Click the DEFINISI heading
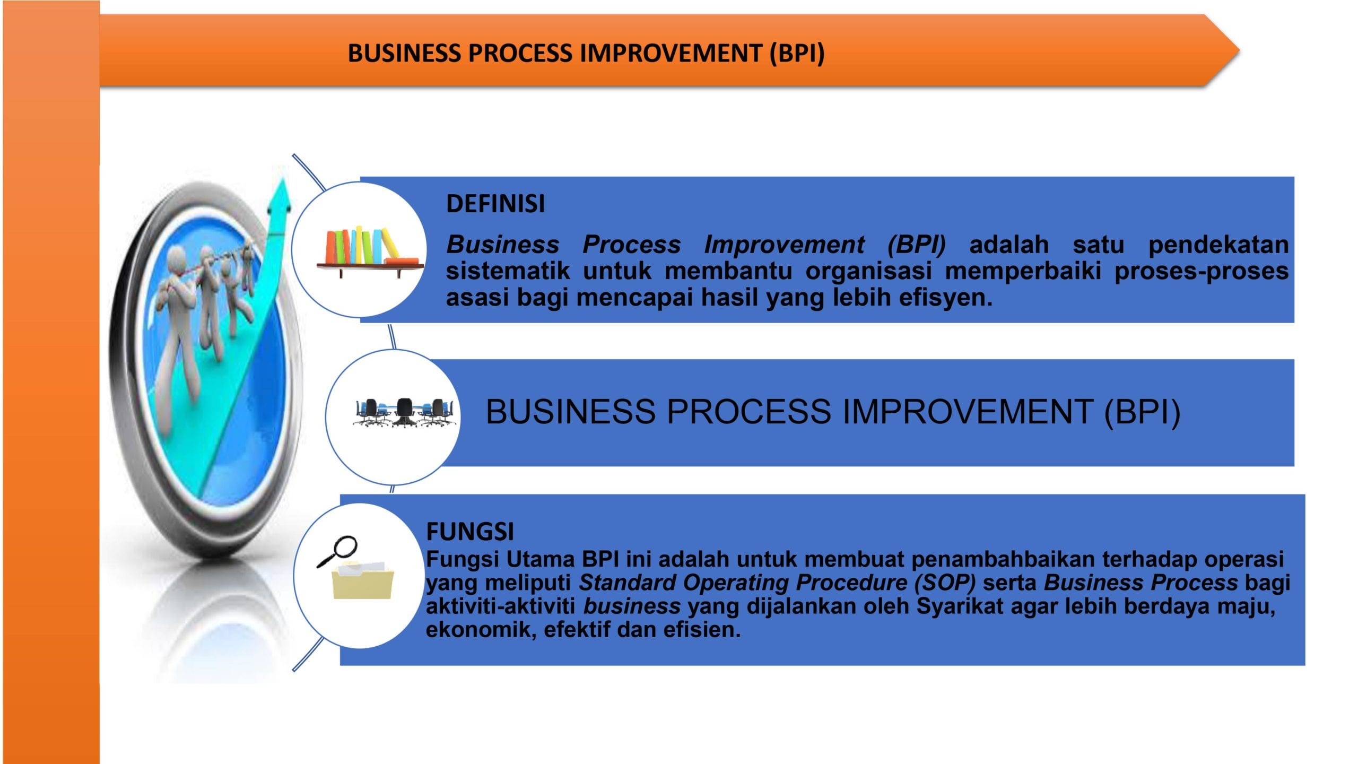[495, 204]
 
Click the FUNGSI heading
[470, 531]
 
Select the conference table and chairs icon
[405, 413]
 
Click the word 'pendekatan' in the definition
[1218, 245]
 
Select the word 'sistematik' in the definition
[508, 271]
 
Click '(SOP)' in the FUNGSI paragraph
[945, 583]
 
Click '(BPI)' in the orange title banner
[797, 53]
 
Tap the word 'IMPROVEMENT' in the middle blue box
[967, 412]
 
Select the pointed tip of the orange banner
[1239, 50]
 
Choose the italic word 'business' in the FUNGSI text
[632, 606]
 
